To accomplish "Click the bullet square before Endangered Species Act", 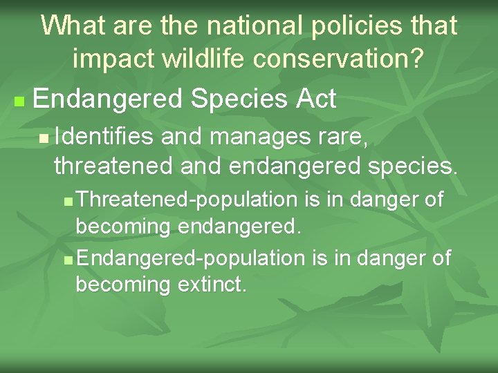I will tap(19, 102).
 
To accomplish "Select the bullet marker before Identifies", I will tap(44, 140).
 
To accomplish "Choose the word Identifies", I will tap(104, 137).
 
